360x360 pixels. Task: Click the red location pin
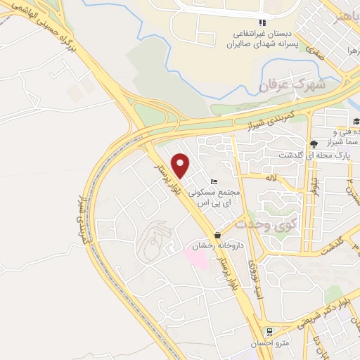[x=181, y=165]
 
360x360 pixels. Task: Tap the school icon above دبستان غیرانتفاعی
[x=262, y=22]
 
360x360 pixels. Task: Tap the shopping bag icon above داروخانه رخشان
[x=217, y=236]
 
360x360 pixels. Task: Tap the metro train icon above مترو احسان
[x=268, y=331]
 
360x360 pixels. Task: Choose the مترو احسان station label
[x=268, y=343]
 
